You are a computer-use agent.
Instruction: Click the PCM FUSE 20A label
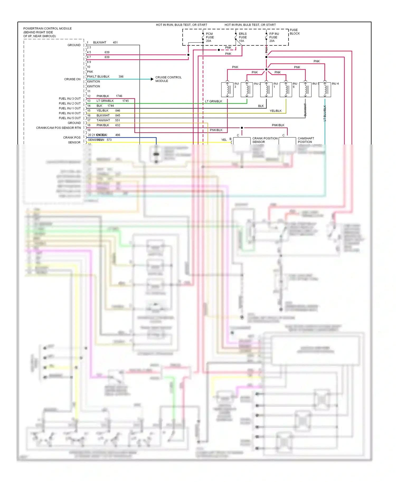click(x=210, y=37)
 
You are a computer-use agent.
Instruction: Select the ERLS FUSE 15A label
click(x=242, y=37)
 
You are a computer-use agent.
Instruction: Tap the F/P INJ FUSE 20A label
click(x=274, y=37)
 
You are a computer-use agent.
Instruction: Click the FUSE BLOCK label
click(x=295, y=32)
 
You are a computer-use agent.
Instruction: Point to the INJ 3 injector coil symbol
click(x=227, y=90)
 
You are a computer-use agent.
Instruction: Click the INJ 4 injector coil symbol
click(x=325, y=90)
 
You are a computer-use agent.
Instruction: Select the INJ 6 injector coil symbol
click(x=286, y=90)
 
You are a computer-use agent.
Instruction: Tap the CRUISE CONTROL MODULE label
click(x=168, y=79)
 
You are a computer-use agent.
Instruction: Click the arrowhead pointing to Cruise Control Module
click(x=152, y=79)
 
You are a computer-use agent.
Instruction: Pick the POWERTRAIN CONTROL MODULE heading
click(x=47, y=28)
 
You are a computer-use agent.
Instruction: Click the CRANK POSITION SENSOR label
click(x=265, y=140)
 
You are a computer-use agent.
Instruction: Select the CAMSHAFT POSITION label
click(x=306, y=140)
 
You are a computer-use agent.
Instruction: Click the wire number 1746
click(x=119, y=96)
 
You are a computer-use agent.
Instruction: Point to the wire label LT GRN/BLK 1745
click(x=112, y=101)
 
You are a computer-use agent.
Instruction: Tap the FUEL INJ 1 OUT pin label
click(x=70, y=108)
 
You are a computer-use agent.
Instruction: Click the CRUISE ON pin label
click(x=72, y=79)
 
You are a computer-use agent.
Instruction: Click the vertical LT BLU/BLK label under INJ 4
click(x=325, y=113)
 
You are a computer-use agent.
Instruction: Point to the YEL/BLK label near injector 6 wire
click(x=275, y=111)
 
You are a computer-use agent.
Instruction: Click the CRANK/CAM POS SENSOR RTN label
click(x=58, y=128)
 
